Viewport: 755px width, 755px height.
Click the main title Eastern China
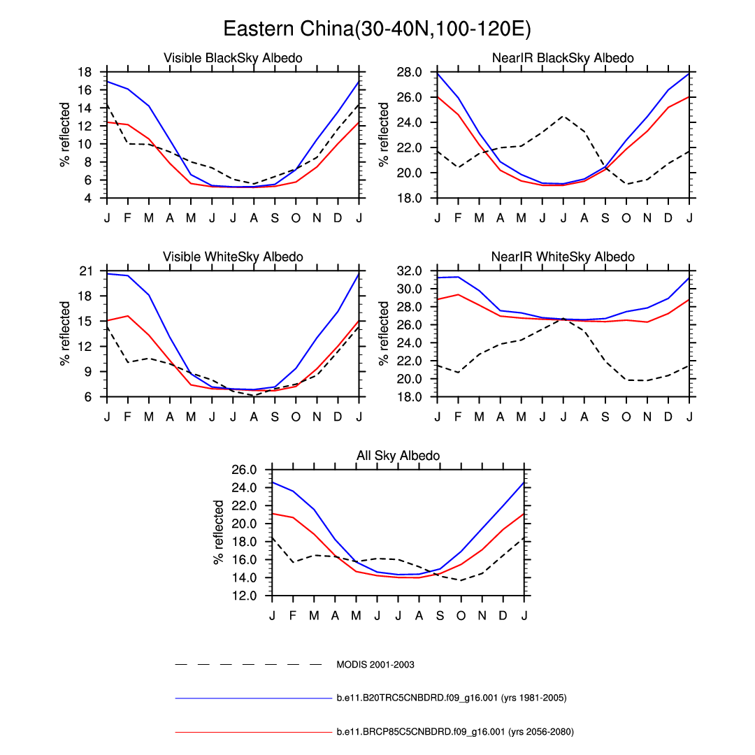377,29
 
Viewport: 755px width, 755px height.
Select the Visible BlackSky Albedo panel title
233,58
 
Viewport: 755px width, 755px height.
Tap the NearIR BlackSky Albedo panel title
563,58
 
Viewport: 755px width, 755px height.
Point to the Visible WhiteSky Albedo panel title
233,257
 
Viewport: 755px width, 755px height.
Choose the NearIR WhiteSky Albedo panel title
563,257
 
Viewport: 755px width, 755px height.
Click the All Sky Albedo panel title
398,456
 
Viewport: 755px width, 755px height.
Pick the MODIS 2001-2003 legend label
375,664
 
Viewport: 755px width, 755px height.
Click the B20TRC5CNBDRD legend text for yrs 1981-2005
451,698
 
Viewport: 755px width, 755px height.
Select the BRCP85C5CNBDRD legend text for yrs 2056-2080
455,732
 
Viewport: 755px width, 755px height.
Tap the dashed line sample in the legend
248,664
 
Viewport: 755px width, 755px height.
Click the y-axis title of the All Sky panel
220,533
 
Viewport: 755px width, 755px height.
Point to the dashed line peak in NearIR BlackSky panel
563,116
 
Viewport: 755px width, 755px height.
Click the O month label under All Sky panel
461,615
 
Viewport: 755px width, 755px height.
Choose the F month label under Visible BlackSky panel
127,217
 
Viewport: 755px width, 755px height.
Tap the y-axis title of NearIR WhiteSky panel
384,333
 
